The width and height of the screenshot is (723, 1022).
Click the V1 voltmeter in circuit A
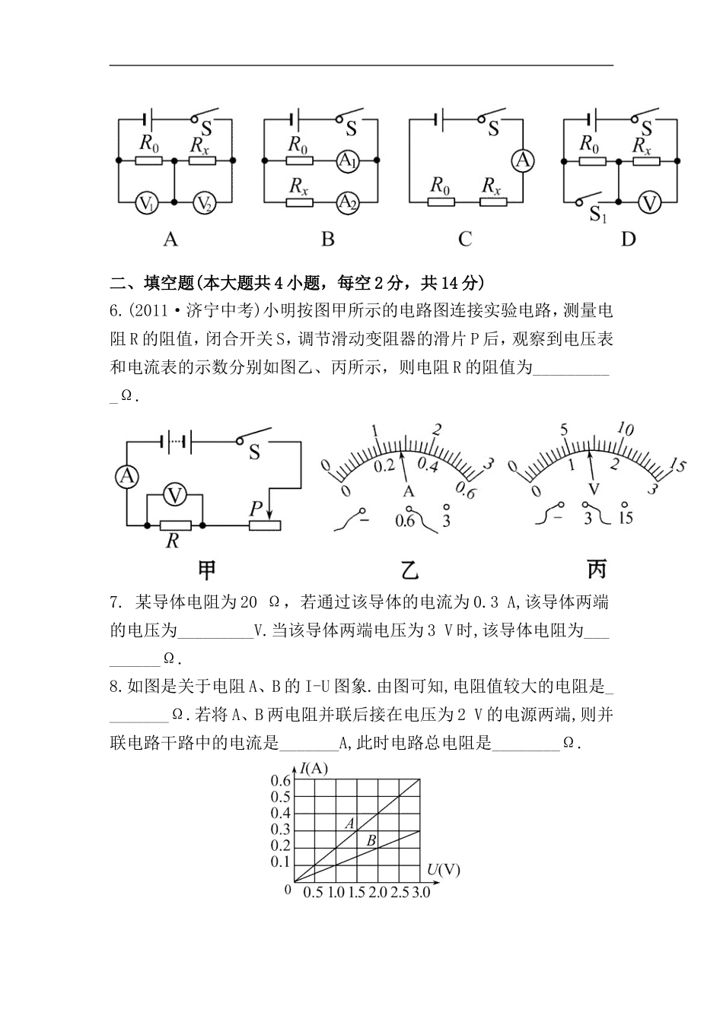147,203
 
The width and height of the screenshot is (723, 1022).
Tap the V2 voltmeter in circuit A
203,203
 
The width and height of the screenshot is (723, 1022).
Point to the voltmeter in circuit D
648,203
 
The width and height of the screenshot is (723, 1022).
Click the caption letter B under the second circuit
328,240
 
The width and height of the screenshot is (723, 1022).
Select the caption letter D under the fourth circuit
628,240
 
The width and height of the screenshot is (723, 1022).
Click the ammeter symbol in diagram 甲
126,477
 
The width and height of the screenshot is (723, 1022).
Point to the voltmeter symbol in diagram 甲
176,496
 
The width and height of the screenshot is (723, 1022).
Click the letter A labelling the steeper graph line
350,823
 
